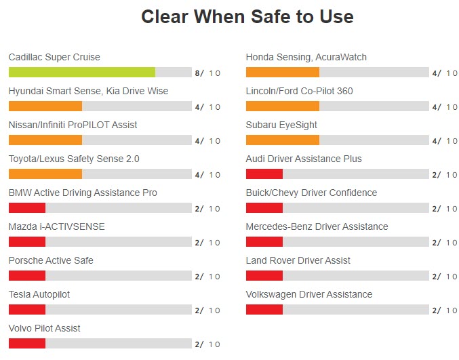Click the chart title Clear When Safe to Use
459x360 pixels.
247,16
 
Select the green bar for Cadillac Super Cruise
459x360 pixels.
82,73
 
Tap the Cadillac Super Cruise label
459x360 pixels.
54,57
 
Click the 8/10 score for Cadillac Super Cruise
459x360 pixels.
207,73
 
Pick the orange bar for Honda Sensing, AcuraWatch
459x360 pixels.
283,73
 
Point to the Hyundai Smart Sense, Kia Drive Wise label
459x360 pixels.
88,91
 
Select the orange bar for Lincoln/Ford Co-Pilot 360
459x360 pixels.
283,106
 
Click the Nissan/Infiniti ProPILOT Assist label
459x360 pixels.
73,125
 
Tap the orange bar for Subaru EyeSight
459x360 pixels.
283,140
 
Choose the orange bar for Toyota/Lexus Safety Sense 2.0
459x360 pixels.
45,174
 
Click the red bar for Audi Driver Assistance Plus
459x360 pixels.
264,174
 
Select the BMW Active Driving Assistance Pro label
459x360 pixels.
83,193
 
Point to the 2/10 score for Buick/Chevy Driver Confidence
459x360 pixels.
445,209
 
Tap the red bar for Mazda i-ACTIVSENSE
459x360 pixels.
27,242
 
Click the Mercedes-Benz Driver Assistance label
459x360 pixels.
317,226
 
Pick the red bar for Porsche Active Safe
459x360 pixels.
27,276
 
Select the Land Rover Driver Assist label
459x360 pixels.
298,260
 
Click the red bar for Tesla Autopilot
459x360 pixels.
27,310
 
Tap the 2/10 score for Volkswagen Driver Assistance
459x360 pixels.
445,311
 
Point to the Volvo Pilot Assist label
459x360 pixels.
45,328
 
